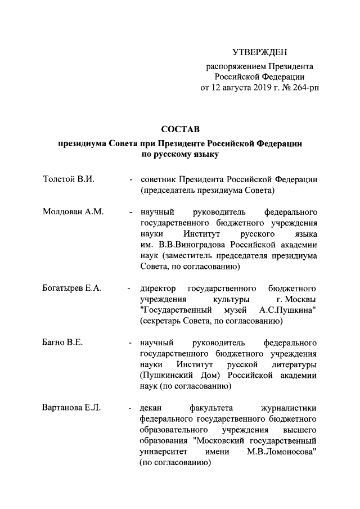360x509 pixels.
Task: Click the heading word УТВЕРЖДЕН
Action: pos(259,53)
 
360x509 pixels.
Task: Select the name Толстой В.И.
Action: pos(68,179)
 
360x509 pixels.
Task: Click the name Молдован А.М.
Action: pos(70,213)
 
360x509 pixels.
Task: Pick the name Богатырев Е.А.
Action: pos(72,288)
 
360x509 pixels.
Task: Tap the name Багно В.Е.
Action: pos(62,343)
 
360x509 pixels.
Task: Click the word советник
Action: pos(158,179)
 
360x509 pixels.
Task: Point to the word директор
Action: pos(158,288)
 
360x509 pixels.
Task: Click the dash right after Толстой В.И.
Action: pos(130,180)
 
